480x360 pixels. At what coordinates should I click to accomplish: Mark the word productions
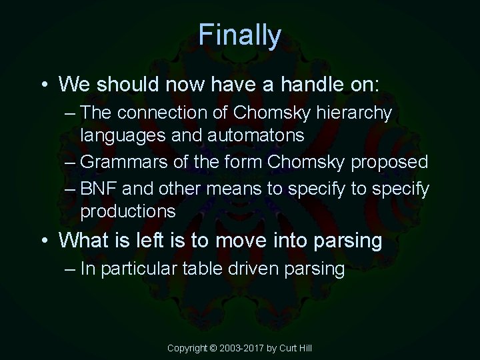pos(128,212)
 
